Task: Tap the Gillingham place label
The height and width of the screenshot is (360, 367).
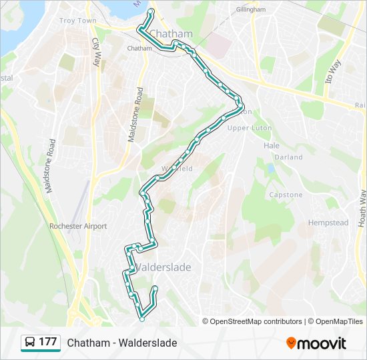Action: pos(250,10)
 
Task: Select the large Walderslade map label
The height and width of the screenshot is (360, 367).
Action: pos(163,267)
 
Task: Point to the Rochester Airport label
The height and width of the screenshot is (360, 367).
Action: pos(78,227)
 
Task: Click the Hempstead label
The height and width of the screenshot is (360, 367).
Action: pos(328,223)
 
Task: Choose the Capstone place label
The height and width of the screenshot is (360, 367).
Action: pos(286,195)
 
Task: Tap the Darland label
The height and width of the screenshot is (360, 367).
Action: pos(288,157)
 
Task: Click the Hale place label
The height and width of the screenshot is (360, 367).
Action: pos(272,145)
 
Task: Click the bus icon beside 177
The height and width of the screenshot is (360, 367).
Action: pos(30,343)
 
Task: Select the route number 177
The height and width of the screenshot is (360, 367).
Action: pos(48,342)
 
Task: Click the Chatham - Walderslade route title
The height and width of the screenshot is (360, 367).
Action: pos(122,343)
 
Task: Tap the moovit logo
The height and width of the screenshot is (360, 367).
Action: pos(316,343)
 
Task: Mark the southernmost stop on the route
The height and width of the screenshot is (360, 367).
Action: pos(141,319)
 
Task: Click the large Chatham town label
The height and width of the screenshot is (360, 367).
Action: pos(171,33)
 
